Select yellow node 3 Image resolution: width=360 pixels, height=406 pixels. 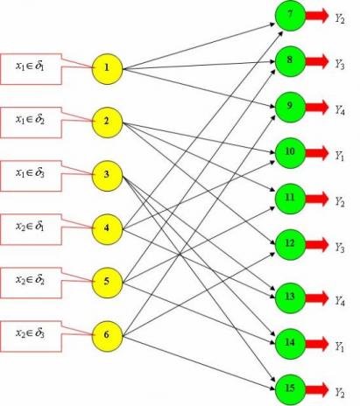click(x=107, y=176)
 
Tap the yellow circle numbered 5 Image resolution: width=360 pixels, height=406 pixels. click(x=107, y=283)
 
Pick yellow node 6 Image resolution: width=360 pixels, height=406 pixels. click(x=107, y=336)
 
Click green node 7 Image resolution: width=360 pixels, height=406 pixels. click(x=290, y=16)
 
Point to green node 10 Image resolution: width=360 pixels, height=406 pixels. click(x=290, y=153)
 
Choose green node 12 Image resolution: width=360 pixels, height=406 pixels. click(x=290, y=244)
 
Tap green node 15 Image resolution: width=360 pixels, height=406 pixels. click(x=290, y=389)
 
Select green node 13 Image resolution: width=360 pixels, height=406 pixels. click(x=290, y=297)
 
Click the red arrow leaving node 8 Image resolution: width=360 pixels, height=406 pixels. click(x=317, y=61)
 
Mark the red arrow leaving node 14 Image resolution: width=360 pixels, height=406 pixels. click(x=317, y=344)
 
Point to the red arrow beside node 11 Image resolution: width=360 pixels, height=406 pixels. click(x=317, y=199)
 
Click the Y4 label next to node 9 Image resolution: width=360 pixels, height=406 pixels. click(x=340, y=109)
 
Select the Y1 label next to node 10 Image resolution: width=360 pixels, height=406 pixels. click(x=340, y=156)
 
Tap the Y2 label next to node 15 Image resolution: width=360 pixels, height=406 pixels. click(x=340, y=392)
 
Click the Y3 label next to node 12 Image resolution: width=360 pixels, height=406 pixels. click(x=340, y=248)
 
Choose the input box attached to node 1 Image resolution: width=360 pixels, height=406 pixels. click(x=31, y=69)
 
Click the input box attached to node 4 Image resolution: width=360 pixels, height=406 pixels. click(x=31, y=229)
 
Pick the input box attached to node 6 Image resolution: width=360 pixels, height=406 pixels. click(x=31, y=336)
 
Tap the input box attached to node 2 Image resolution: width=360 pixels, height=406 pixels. click(x=31, y=122)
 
